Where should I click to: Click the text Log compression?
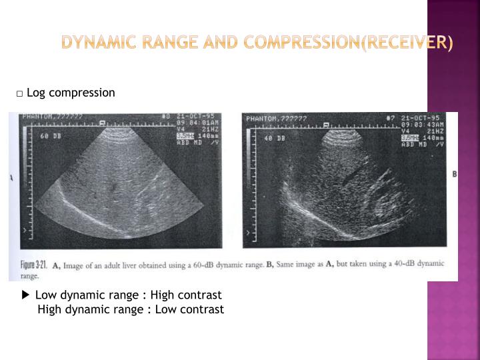point(71,93)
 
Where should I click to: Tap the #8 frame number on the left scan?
point(166,115)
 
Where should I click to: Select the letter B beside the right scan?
point(454,174)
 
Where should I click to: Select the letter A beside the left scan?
point(12,178)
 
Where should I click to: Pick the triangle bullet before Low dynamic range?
point(25,295)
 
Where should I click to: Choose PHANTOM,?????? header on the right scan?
point(276,119)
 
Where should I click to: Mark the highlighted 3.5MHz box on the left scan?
point(185,135)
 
